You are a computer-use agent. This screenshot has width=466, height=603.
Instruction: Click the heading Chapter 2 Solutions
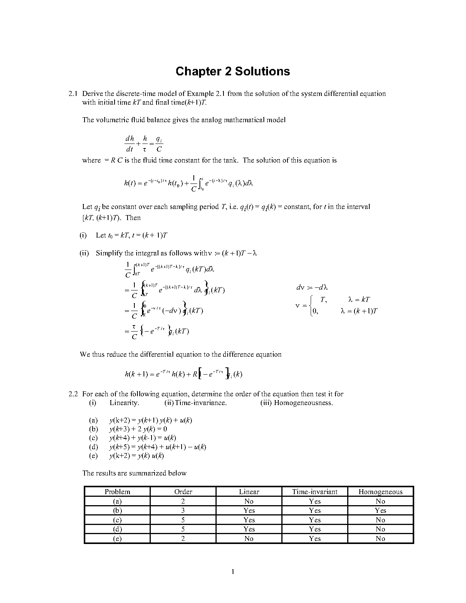coord(233,72)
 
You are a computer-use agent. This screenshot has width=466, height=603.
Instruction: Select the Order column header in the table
coord(183,491)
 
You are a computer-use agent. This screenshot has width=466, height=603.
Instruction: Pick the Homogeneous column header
coord(380,491)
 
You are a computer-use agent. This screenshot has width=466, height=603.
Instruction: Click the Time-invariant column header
coord(314,491)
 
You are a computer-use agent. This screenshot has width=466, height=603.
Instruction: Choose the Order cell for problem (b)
coord(183,510)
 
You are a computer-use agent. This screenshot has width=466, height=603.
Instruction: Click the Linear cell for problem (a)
coord(249,501)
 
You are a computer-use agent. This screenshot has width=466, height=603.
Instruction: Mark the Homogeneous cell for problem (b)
coord(380,510)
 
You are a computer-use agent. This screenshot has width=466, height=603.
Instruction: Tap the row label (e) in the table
coord(117,539)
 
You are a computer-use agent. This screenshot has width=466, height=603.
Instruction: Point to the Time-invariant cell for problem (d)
coord(314,529)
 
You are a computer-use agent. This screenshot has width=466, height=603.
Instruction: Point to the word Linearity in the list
coord(124,403)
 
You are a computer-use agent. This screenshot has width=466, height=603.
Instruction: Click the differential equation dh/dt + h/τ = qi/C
coord(144,144)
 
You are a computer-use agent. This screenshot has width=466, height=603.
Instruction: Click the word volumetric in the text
coord(115,120)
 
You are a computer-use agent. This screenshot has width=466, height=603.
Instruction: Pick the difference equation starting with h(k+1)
coord(184,374)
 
